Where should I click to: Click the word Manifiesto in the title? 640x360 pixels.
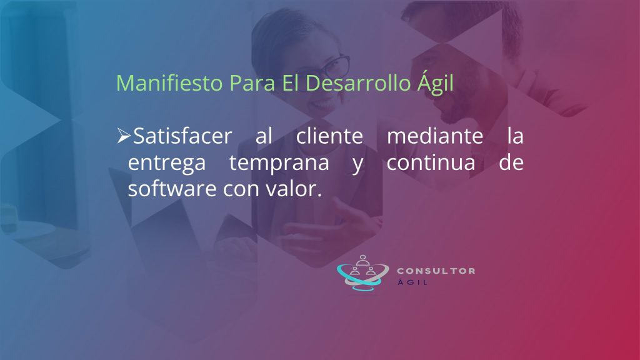(x=169, y=83)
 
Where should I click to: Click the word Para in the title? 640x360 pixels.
(x=252, y=83)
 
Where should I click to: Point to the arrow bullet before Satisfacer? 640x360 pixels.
(x=124, y=136)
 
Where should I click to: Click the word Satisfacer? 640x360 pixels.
(x=182, y=136)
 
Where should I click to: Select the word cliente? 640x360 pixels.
(x=329, y=136)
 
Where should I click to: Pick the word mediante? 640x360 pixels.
(x=435, y=136)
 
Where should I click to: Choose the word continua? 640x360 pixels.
(x=431, y=162)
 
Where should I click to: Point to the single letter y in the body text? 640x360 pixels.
(x=357, y=165)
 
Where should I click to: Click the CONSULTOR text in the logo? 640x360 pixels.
(x=436, y=271)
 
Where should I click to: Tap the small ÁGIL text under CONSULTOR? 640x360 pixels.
(x=412, y=282)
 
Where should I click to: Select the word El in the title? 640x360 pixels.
(x=290, y=83)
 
